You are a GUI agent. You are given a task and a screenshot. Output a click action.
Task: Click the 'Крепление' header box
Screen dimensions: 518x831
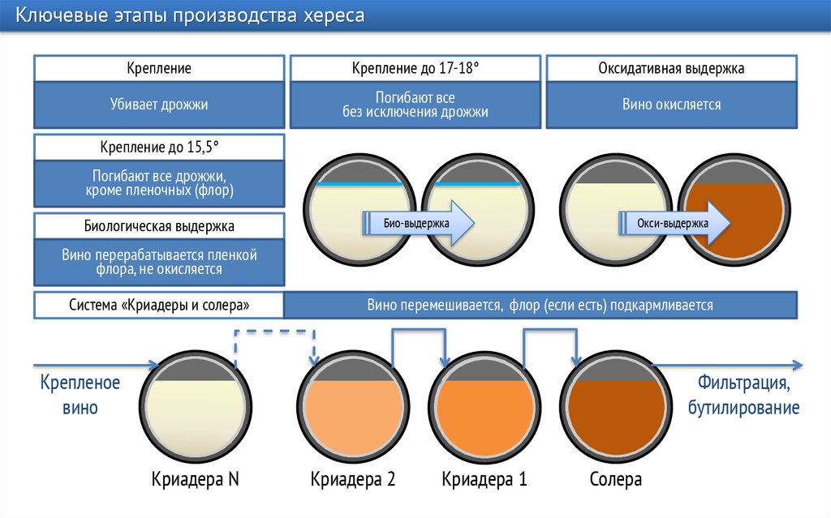(x=159, y=69)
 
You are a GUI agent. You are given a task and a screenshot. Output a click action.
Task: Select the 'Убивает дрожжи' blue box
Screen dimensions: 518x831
(x=159, y=105)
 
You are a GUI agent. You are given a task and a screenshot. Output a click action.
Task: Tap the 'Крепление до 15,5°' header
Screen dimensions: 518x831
(x=159, y=147)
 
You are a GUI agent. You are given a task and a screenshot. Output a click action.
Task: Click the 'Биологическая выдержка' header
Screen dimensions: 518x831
(x=159, y=225)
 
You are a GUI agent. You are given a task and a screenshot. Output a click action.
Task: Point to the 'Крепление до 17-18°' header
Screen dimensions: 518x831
(x=415, y=69)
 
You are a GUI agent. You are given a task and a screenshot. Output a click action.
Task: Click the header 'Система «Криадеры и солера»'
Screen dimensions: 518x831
(x=159, y=305)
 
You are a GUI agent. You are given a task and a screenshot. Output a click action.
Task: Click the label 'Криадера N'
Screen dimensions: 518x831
(x=196, y=479)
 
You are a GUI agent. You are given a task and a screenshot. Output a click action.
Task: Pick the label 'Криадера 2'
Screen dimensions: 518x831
(x=352, y=479)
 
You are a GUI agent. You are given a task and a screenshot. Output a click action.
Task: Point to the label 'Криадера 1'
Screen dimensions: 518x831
(x=484, y=479)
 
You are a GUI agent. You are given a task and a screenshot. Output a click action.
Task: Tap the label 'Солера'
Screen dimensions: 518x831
(x=616, y=479)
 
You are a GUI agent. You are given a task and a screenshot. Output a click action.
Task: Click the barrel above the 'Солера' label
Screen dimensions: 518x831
(x=617, y=409)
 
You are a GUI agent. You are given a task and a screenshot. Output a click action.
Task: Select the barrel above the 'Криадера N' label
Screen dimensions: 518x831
(x=196, y=409)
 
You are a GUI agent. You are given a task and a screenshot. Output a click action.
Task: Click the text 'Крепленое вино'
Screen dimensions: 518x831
(x=80, y=395)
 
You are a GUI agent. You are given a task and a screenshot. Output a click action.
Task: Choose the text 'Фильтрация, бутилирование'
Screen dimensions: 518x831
(x=744, y=395)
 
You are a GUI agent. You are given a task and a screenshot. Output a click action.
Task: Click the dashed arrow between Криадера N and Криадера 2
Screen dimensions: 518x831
(x=274, y=331)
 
